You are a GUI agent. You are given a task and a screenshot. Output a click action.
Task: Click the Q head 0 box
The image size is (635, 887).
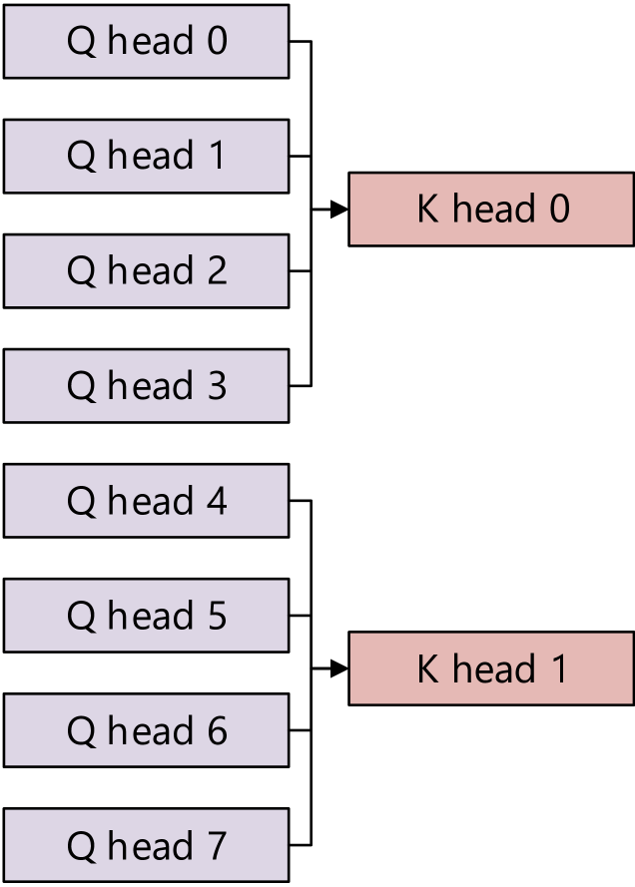click(x=146, y=41)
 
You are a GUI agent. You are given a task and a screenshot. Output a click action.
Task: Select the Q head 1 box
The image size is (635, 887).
click(x=146, y=156)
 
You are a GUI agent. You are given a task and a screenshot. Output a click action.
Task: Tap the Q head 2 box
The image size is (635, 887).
click(x=146, y=270)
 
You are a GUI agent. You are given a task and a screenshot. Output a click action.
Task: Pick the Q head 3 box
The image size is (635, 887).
click(x=146, y=385)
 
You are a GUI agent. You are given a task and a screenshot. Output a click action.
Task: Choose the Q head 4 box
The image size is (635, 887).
click(x=146, y=501)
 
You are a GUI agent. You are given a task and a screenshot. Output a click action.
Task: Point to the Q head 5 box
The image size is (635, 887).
click(x=146, y=616)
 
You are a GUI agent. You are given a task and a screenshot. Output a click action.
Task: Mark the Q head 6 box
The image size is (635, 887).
click(x=146, y=730)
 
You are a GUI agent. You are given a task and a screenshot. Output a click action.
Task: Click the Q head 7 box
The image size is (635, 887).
click(x=146, y=845)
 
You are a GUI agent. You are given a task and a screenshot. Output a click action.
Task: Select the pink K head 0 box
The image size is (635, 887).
click(x=491, y=209)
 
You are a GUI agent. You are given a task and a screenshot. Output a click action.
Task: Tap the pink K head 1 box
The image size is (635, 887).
click(x=491, y=668)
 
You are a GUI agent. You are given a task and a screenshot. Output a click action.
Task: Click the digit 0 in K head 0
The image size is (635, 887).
click(x=559, y=210)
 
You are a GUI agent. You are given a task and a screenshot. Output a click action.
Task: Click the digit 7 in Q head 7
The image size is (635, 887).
click(x=216, y=846)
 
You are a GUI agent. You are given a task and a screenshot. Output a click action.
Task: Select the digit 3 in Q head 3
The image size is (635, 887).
click(x=216, y=386)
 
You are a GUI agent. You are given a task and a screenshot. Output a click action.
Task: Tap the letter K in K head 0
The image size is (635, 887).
click(x=427, y=210)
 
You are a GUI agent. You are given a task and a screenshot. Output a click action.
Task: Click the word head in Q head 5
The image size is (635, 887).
click(x=150, y=616)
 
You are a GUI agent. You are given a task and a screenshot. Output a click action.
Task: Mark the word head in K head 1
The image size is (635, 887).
click(x=493, y=668)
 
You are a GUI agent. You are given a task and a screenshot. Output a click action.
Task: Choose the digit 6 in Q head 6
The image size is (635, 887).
click(x=216, y=731)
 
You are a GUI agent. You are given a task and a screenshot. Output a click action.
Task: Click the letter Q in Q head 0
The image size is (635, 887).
click(x=81, y=42)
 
